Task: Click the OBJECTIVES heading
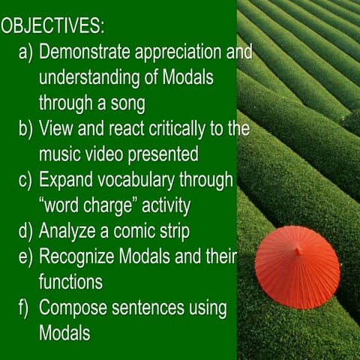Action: click(52, 26)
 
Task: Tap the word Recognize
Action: click(76, 257)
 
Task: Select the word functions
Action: click(70, 282)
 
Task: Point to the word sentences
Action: click(148, 308)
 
